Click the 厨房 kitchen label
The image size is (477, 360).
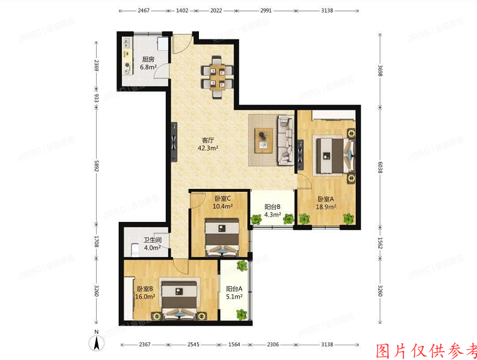point(148,61)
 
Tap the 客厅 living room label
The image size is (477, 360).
point(208,140)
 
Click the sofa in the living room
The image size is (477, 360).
point(286,139)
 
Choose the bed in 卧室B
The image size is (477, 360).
point(180,299)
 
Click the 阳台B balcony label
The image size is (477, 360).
point(272,206)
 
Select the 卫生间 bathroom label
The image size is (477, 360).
point(153,240)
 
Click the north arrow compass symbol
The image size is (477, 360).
point(97,342)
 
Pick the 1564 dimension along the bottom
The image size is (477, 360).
point(233,344)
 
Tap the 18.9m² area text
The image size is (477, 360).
point(326,206)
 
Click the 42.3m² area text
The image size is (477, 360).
point(208,149)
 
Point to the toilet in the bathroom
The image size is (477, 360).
point(134,250)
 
